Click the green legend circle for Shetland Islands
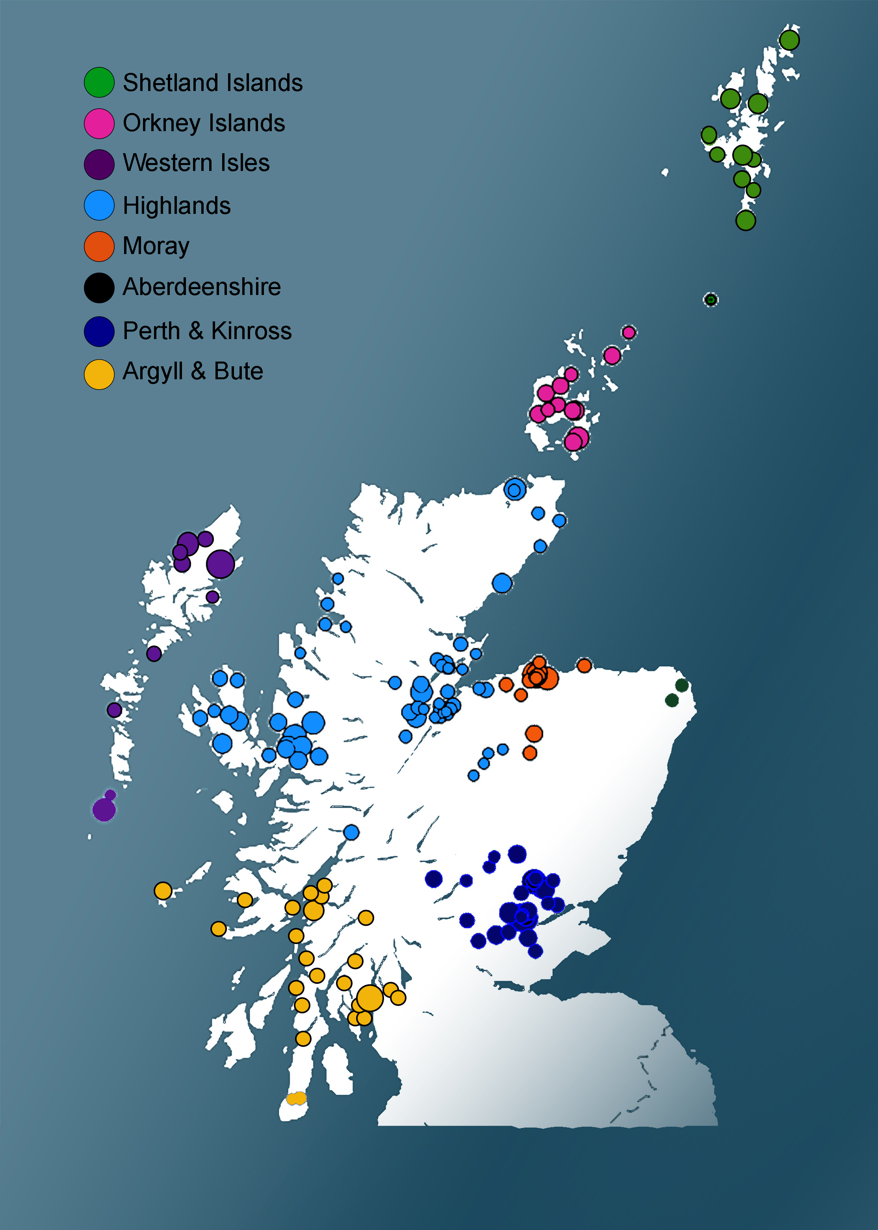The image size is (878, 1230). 99,82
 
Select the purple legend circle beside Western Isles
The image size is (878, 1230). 99,164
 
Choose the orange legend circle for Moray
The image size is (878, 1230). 99,247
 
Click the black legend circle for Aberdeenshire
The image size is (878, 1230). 99,288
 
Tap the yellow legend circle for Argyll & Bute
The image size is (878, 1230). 99,374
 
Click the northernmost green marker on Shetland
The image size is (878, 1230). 789,40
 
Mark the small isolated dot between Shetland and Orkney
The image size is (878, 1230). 711,299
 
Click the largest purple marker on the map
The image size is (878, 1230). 221,564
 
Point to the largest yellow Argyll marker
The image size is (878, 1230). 370,998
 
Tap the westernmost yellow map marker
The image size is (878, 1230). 163,890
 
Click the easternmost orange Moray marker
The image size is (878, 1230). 584,665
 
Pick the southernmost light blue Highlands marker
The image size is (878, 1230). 351,832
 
